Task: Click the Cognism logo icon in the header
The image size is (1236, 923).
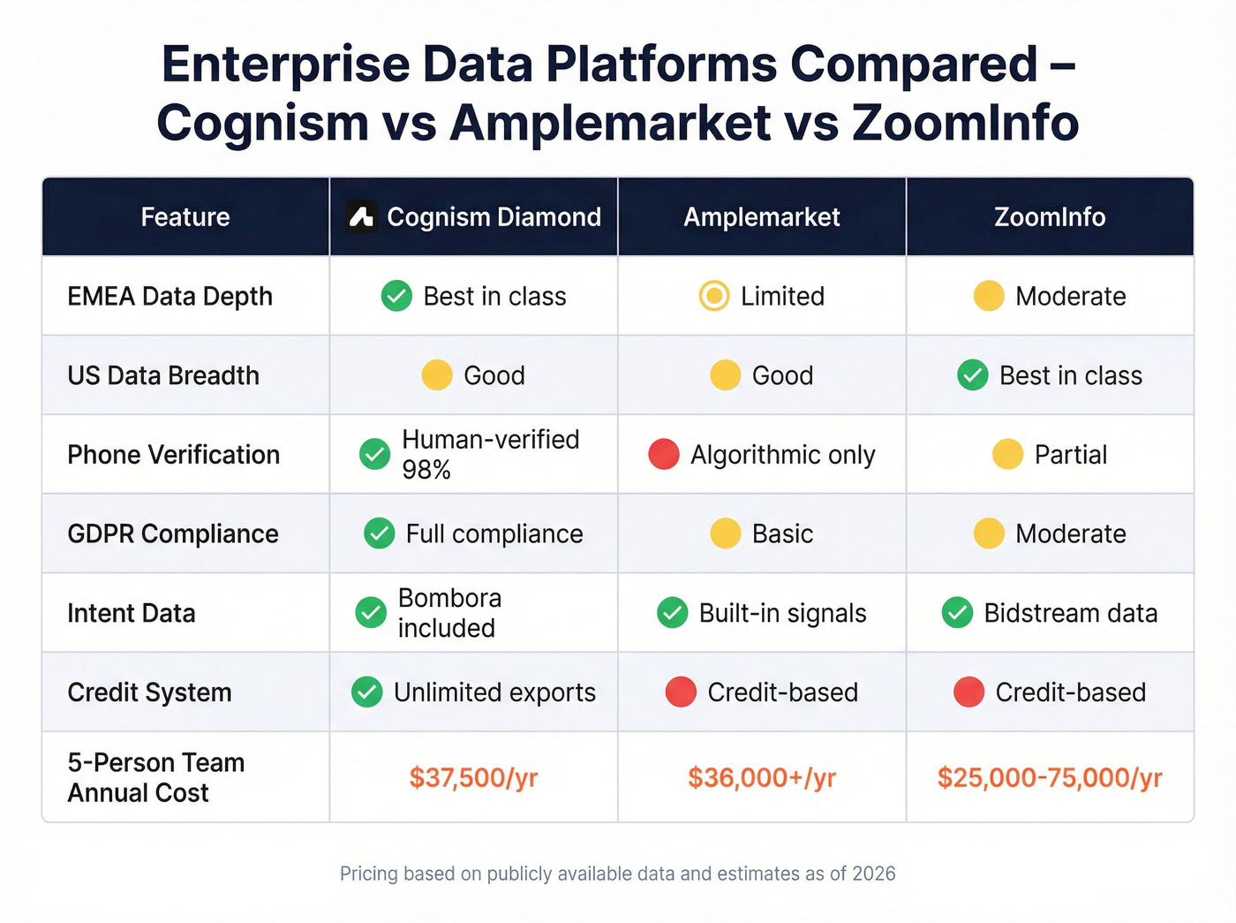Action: point(361,216)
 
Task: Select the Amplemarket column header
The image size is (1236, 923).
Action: point(761,216)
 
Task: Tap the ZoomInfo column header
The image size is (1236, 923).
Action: point(1049,216)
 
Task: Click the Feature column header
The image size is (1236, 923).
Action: point(185,216)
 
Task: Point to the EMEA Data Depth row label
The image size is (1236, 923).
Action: point(170,296)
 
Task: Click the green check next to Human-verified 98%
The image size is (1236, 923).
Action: point(375,454)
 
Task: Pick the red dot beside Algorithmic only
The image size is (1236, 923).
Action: point(664,454)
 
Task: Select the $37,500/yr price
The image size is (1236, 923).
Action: point(473,777)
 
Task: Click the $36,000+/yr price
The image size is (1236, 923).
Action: point(761,777)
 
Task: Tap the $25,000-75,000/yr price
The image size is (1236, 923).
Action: point(1049,777)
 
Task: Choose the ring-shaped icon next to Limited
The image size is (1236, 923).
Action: point(714,296)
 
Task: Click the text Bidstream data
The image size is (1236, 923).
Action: point(1070,613)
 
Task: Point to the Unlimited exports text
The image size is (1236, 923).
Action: point(494,692)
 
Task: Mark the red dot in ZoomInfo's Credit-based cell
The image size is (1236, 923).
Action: point(968,692)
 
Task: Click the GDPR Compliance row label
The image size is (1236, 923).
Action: point(173,533)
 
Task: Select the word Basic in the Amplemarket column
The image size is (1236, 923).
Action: point(782,533)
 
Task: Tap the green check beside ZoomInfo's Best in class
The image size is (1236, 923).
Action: point(973,375)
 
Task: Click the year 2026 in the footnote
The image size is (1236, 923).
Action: point(874,874)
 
